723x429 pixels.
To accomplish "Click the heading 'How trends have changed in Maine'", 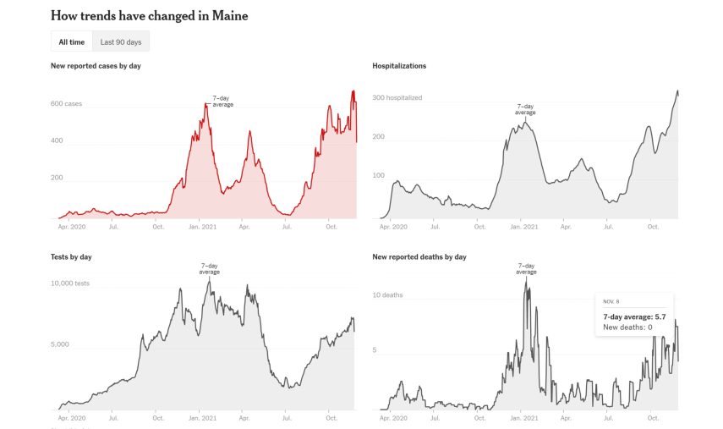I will coord(149,16).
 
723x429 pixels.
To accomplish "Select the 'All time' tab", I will coord(71,41).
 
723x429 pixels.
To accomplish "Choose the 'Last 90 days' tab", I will coord(120,41).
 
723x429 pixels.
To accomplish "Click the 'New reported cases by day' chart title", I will coord(96,66).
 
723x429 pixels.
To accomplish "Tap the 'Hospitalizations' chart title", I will coord(399,66).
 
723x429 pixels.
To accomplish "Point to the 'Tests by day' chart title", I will coord(71,256).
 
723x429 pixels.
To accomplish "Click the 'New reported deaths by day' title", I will coord(419,256).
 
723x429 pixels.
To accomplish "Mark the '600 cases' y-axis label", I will coord(67,104).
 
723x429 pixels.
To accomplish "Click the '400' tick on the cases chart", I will coord(57,140).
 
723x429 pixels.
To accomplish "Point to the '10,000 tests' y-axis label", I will coord(70,283).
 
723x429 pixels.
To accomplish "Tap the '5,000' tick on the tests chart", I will coord(61,345).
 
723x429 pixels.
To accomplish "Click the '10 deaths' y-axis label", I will coord(387,294).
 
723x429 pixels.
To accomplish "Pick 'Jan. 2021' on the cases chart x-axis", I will coord(205,227).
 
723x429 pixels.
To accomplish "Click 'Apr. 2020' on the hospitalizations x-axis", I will coord(392,227).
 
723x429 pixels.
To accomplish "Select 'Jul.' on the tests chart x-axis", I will coord(113,417).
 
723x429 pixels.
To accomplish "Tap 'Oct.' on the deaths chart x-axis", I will coord(652,417).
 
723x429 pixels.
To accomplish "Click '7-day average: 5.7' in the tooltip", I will coord(633,316).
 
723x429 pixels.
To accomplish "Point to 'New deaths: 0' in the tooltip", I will coord(627,327).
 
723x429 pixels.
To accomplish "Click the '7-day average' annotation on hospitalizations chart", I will coord(525,110).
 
